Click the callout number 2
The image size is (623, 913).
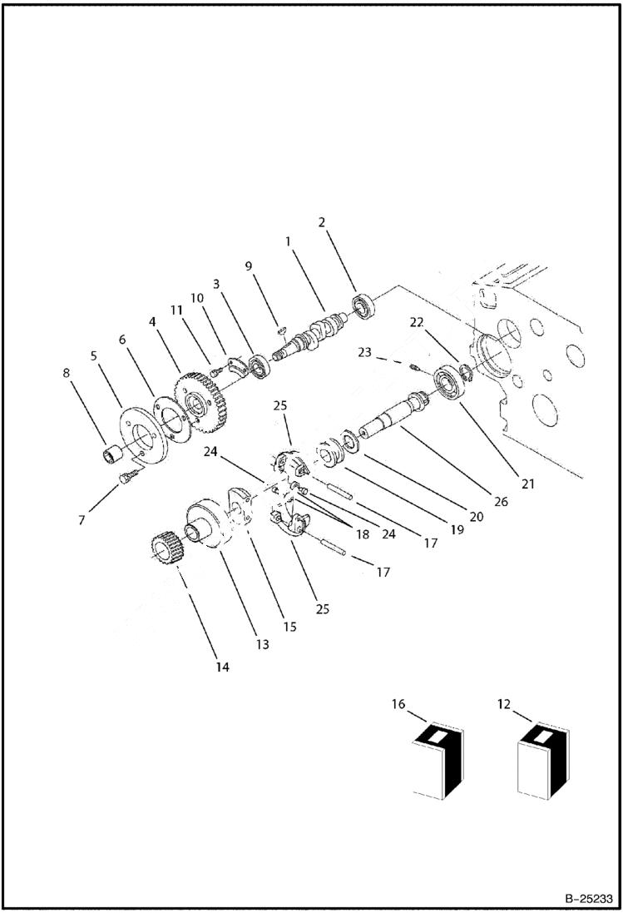322,222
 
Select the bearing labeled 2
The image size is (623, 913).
363,306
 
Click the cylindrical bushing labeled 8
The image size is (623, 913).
111,455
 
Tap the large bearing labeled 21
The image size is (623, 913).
450,385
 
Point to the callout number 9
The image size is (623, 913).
248,266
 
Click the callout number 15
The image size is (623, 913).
289,626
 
